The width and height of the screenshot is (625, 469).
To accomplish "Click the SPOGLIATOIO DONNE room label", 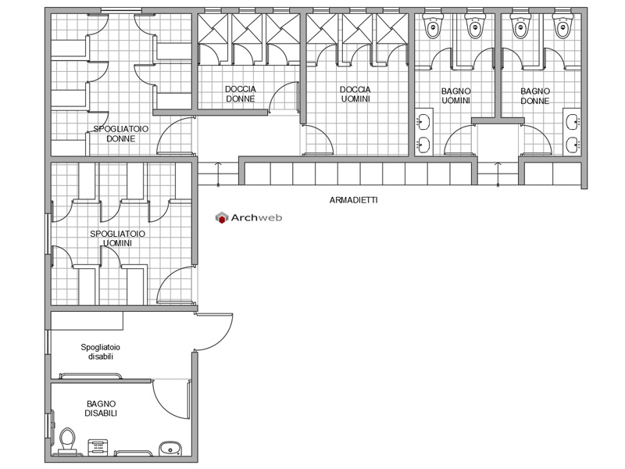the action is click(121, 134).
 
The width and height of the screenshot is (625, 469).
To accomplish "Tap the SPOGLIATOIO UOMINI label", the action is click(118, 238).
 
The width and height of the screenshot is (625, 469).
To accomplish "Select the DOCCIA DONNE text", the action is click(241, 94).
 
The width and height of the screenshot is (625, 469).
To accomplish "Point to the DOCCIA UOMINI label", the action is click(355, 94).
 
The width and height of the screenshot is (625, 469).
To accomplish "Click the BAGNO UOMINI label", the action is click(456, 95).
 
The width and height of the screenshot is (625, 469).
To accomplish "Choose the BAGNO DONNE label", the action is click(535, 95).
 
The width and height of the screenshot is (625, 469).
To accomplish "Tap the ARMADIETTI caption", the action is click(354, 200).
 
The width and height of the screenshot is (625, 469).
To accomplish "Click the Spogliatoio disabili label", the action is click(101, 352).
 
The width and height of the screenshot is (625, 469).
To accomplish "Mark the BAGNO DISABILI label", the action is click(101, 409).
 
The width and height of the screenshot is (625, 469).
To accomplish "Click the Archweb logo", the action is click(248, 218).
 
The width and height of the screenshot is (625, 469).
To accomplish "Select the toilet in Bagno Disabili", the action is click(67, 442).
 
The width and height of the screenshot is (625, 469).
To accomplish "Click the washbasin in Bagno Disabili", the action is click(170, 449).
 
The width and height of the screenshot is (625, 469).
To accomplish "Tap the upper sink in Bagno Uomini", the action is click(423, 122).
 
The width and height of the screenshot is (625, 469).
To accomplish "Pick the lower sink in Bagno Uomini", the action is click(423, 145).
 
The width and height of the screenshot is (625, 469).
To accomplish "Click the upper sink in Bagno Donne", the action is click(573, 122).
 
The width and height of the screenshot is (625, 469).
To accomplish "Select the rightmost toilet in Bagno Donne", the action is click(562, 26).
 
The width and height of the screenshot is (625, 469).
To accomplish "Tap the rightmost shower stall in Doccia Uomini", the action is click(391, 29).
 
